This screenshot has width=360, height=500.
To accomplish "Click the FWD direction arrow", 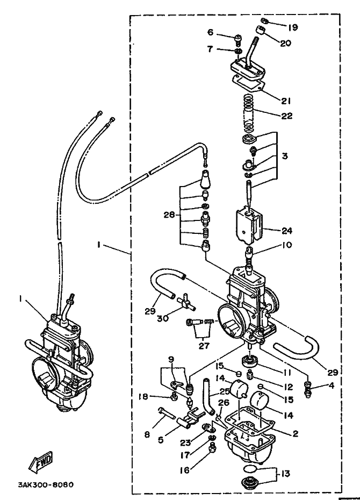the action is tap(40, 462).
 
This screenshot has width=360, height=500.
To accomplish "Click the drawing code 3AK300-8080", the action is tap(46, 485).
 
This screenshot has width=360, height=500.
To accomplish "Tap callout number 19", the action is tap(292, 27).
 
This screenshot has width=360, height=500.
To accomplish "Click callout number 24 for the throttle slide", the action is tap(287, 230).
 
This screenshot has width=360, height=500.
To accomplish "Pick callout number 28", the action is tap(169, 215).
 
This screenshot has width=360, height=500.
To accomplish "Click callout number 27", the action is tap(204, 345).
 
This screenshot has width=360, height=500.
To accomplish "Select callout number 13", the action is tap(286, 474).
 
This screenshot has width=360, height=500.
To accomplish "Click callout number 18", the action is tap(143, 397).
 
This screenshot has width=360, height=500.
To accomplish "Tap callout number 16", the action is tap(185, 469).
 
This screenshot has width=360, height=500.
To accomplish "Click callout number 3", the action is tap(285, 156).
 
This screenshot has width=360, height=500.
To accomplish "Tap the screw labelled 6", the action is tap(237, 40).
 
